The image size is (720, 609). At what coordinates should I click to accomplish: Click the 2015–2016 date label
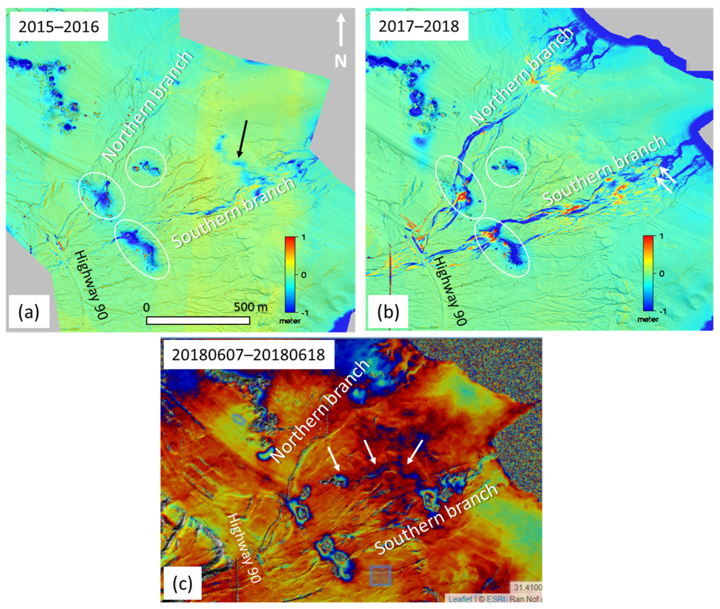59,27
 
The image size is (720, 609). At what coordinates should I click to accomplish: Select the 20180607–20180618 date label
248,355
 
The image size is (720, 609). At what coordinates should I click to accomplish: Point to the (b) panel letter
388,312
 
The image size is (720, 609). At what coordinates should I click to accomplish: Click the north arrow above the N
341,29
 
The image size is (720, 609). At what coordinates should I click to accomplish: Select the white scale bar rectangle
198,321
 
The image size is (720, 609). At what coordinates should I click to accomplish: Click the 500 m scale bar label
250,307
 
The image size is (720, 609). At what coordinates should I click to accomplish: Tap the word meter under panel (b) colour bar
648,319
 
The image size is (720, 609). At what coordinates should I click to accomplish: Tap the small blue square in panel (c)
380,576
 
